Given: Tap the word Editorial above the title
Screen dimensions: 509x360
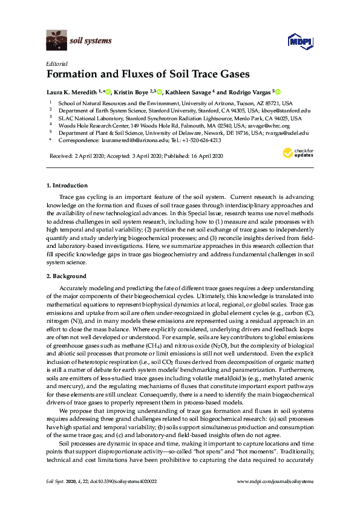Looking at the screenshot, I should pos(56,63).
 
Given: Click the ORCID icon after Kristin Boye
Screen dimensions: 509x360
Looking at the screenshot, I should pos(160,92).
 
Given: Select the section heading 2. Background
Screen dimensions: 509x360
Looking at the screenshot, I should pos(66,276).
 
